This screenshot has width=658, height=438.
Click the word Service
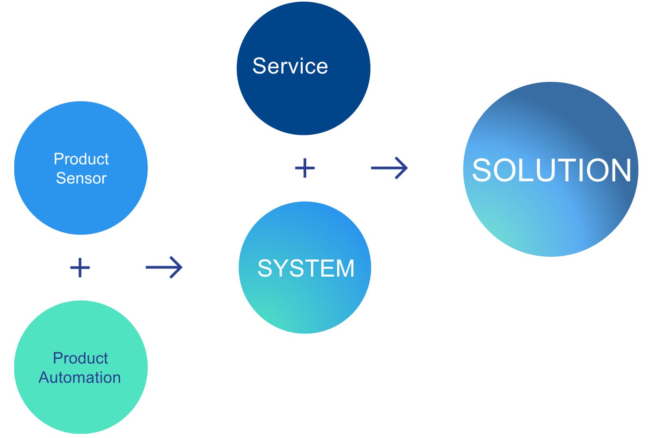[x=290, y=66]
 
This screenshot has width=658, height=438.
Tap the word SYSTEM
[x=306, y=268]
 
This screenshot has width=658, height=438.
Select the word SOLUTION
[x=551, y=170]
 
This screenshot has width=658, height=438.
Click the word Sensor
[x=81, y=178]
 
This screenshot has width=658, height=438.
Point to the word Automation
[x=80, y=378]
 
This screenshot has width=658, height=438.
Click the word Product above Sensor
[x=81, y=159]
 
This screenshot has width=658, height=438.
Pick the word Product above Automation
[x=80, y=358]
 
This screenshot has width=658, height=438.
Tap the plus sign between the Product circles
[x=80, y=268]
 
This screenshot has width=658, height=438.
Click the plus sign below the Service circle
[x=305, y=168]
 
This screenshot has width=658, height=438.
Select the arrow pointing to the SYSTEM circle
[x=164, y=267]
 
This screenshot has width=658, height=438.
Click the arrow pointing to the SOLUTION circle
[x=389, y=168]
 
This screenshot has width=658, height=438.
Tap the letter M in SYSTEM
[x=346, y=268]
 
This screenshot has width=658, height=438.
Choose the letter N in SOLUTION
[x=619, y=170]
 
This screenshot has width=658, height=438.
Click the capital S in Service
[x=260, y=66]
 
